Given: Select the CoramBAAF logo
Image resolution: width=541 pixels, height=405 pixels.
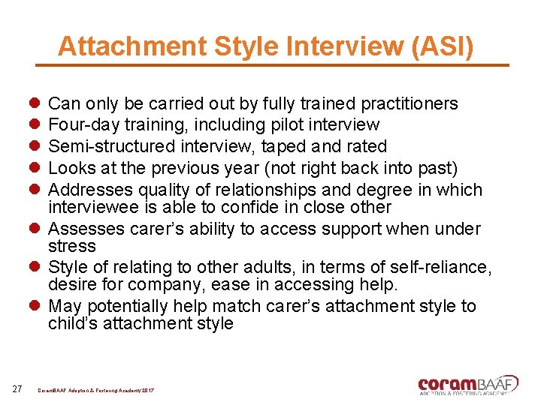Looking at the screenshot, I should pyautogui.click(x=467, y=384).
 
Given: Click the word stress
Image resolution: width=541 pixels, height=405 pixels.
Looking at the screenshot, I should pyautogui.click(x=72, y=246).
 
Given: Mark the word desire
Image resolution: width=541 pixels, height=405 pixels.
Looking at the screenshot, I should pyautogui.click(x=70, y=285).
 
